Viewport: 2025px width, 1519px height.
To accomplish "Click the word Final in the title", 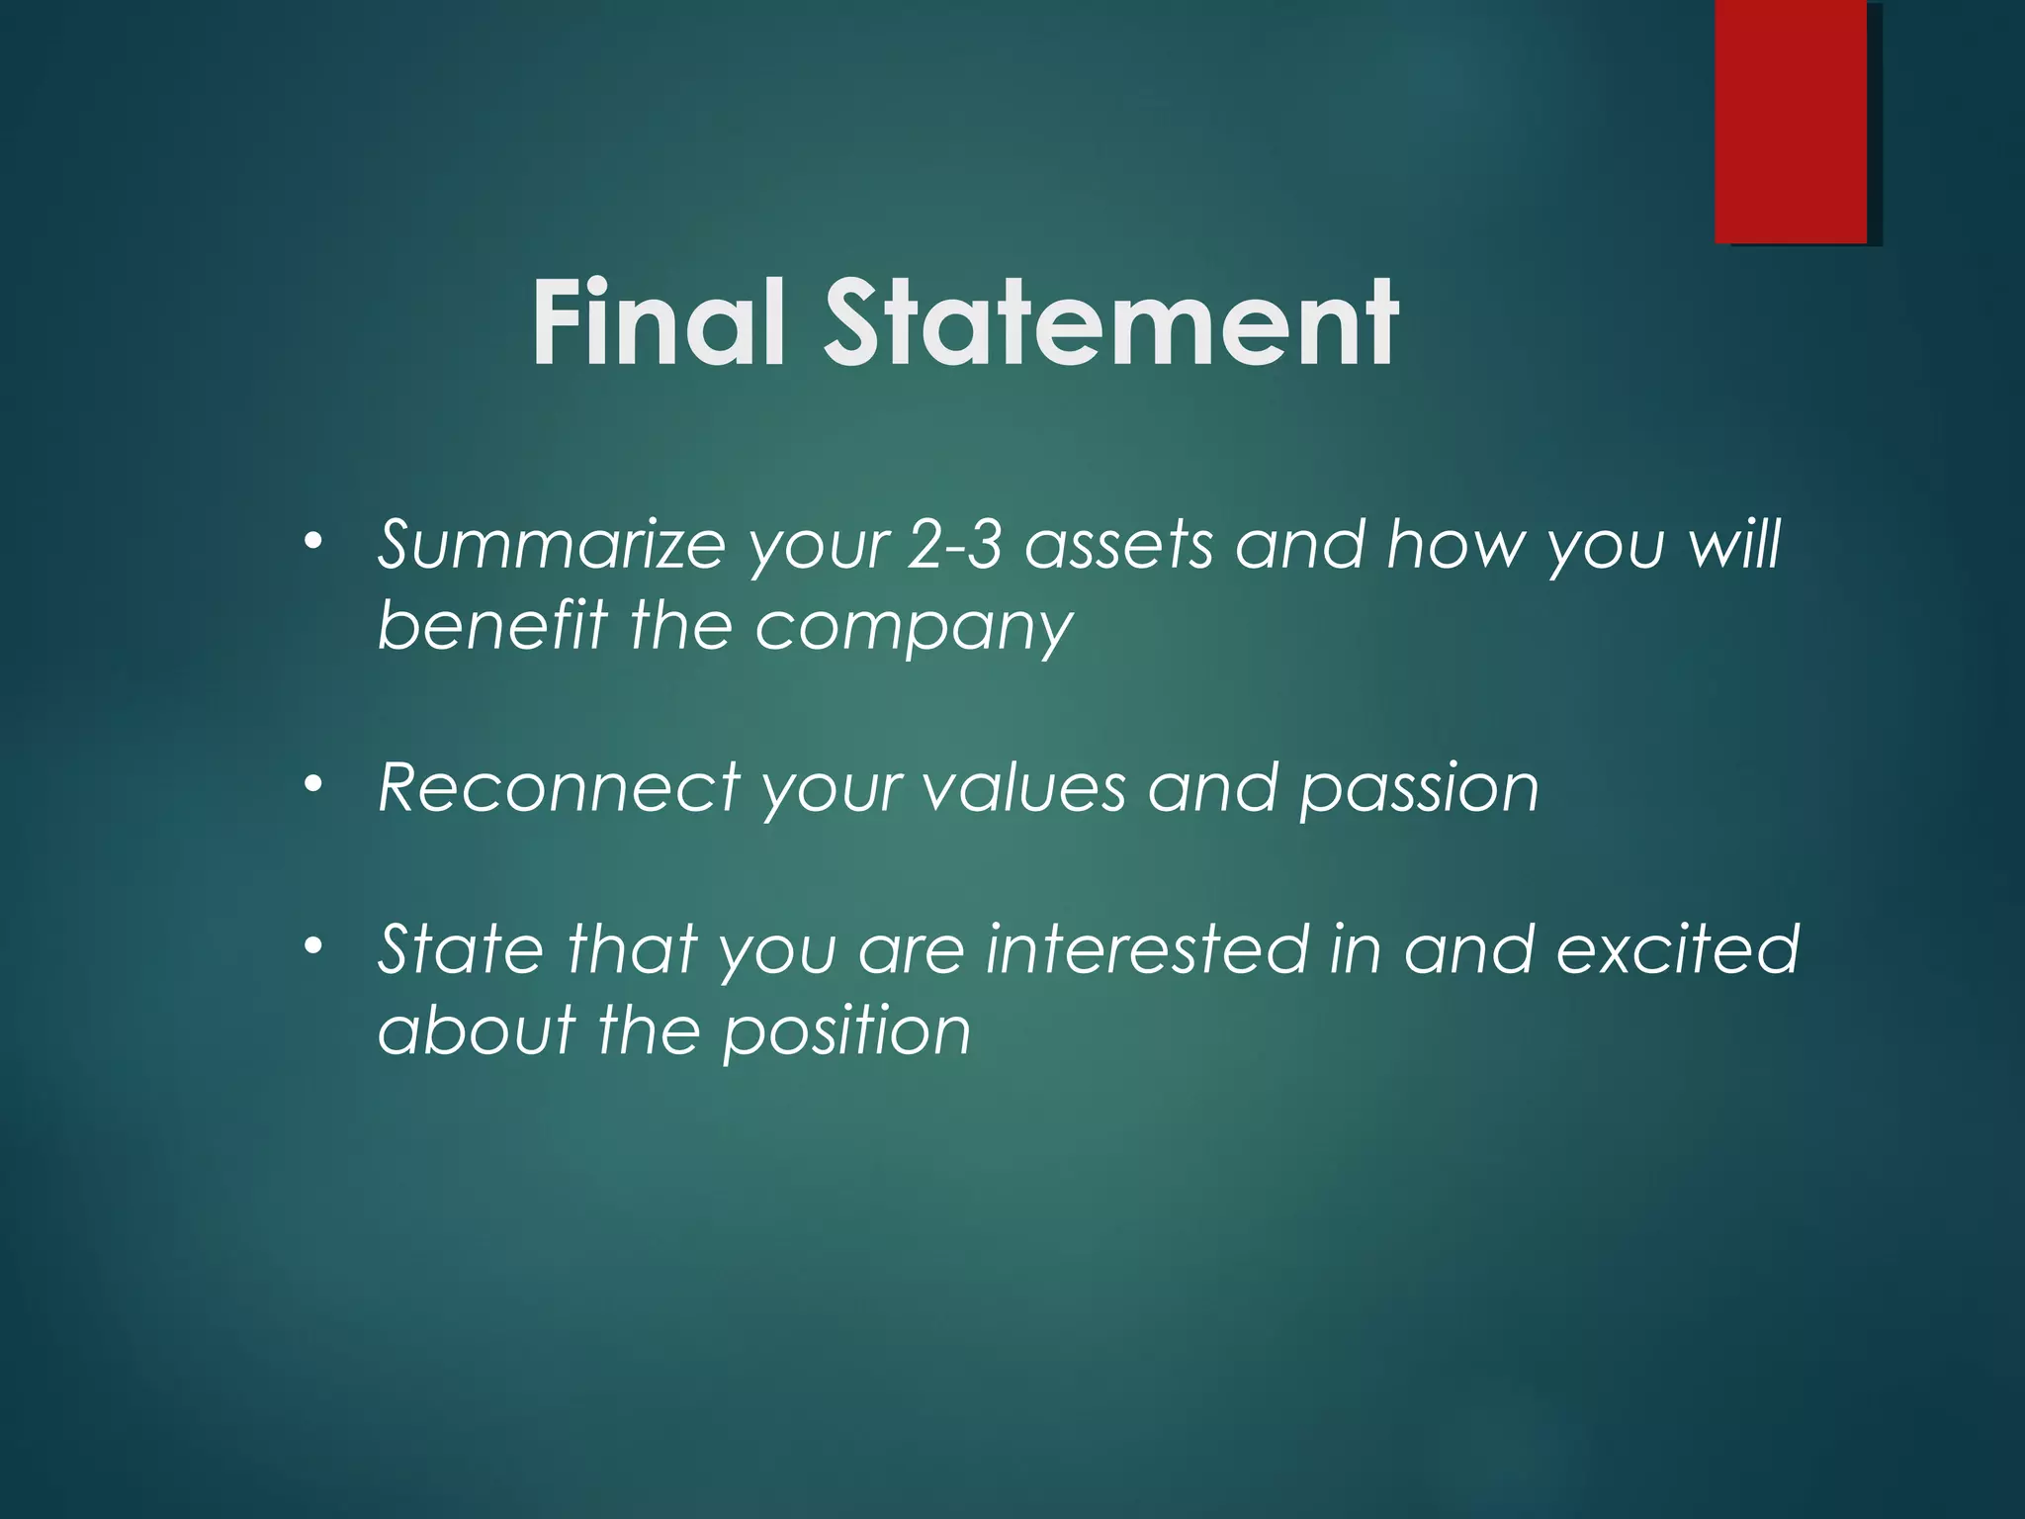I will tap(659, 323).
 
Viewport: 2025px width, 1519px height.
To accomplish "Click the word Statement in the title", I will tap(1111, 323).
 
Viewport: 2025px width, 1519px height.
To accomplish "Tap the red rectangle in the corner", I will tap(1791, 121).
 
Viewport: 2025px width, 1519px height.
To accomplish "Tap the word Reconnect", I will tap(559, 788).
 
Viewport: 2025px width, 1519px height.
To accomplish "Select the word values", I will tap(1024, 788).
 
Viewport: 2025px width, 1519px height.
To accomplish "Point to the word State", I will tap(461, 948).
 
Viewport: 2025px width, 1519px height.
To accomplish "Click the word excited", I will tap(1677, 948).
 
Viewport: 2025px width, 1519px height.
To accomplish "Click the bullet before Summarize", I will tap(313, 541).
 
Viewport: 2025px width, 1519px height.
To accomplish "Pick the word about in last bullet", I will tap(477, 1029).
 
